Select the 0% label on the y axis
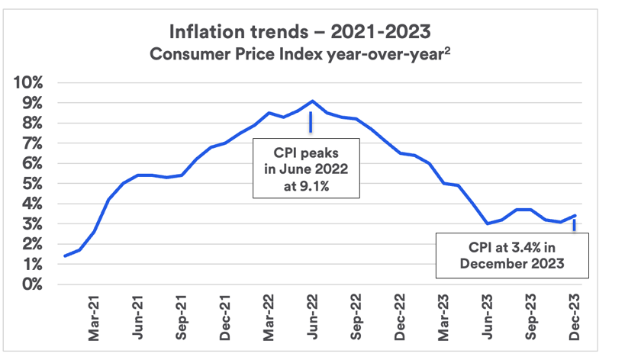pyautogui.click(x=34, y=284)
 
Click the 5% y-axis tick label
pyautogui.click(x=34, y=184)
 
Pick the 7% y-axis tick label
pyautogui.click(x=34, y=143)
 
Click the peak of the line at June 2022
pyautogui.click(x=312, y=101)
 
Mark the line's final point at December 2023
pyautogui.click(x=575, y=216)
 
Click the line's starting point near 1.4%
pyautogui.click(x=65, y=256)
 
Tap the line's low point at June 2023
pyautogui.click(x=488, y=223)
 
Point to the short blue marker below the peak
pyautogui.click(x=311, y=122)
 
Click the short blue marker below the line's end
pyautogui.click(x=574, y=225)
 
